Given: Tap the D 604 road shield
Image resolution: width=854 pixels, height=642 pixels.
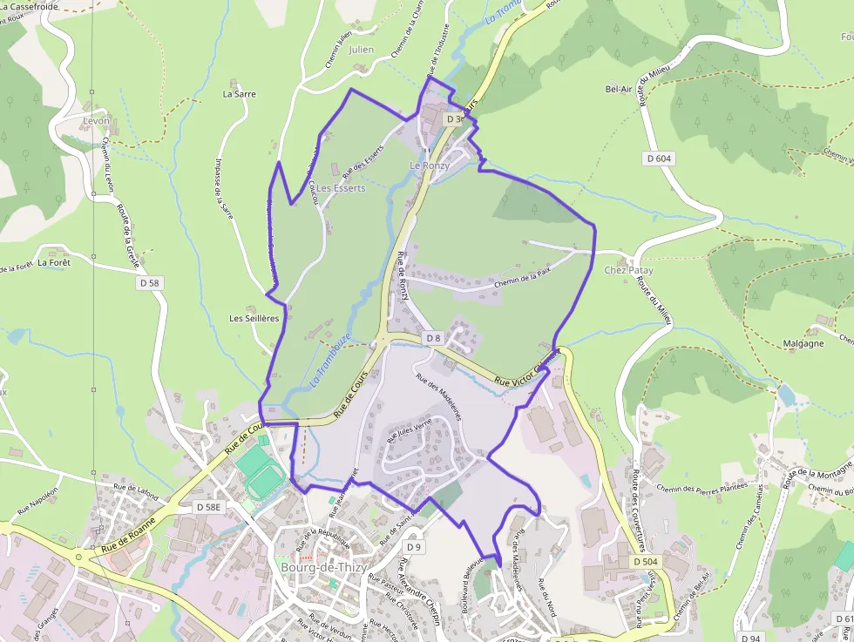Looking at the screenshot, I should [x=660, y=159].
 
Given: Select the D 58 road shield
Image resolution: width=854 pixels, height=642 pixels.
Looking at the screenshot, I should [x=149, y=283].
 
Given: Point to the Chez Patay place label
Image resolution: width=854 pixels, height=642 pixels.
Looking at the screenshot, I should [x=628, y=270].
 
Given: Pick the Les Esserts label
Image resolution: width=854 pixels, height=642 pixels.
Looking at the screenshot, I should [x=341, y=187].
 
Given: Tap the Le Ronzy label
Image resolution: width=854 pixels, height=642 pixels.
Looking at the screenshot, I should [x=430, y=166].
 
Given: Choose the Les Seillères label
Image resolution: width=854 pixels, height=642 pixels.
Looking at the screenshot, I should [x=254, y=318].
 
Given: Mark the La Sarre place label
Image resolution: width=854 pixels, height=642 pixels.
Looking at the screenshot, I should [x=240, y=93].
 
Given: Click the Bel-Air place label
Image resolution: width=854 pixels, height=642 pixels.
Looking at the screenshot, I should [x=618, y=89].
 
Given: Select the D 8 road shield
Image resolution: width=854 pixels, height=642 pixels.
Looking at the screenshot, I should [x=434, y=337].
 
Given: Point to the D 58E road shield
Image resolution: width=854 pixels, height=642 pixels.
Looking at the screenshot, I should [x=209, y=506].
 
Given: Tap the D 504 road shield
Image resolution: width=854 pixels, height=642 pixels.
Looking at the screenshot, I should [x=646, y=562].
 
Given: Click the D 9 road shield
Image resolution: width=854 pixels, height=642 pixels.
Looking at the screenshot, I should [x=414, y=547].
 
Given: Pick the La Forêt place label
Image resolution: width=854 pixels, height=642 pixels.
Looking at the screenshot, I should [x=54, y=261].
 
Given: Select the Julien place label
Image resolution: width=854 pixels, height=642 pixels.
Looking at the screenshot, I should [x=361, y=50].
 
